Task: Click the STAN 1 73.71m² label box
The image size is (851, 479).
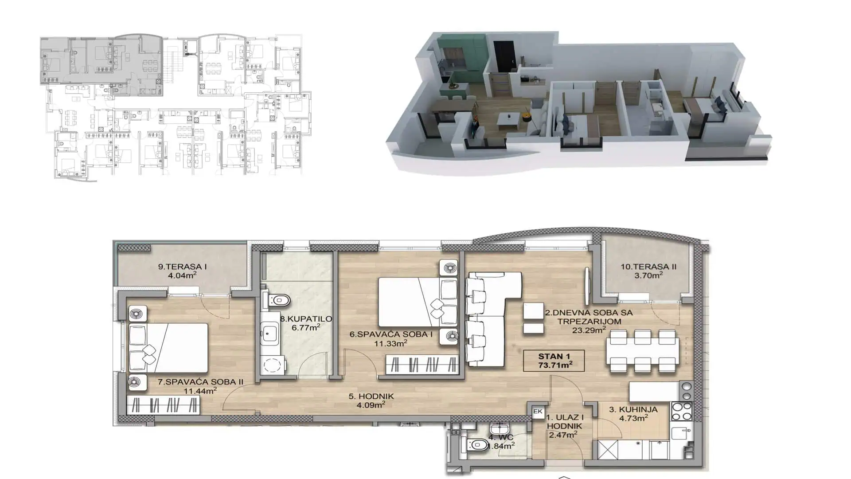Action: coord(554,361)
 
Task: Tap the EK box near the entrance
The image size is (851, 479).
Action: coord(538,412)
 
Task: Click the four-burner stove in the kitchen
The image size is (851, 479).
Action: coord(682,411)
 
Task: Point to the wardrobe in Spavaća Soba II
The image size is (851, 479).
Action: coord(163,405)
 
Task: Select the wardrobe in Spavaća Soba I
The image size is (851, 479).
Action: coord(422,365)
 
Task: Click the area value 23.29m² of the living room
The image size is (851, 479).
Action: coord(589,330)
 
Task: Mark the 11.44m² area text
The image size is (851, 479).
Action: coord(200,391)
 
